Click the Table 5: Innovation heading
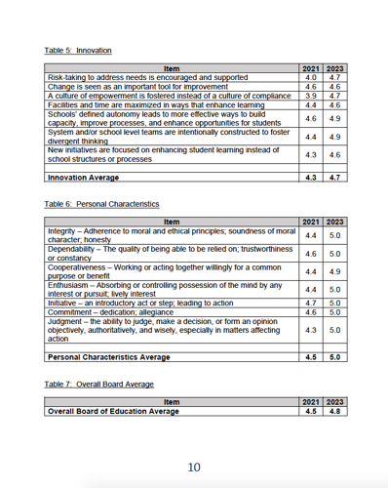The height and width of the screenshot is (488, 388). point(78,50)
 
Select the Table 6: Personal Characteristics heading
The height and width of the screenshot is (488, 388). point(101,204)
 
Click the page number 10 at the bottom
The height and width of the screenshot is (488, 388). point(194,468)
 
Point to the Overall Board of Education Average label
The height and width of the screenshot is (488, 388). point(113,411)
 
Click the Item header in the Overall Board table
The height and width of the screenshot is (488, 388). point(172,401)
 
